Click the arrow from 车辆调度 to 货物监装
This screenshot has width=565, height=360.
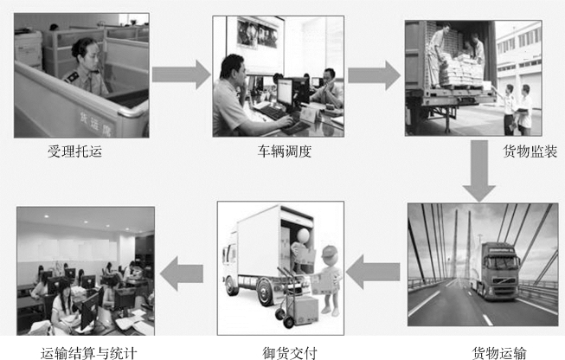click(x=374, y=76)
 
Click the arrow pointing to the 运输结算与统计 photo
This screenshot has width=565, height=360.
click(x=184, y=273)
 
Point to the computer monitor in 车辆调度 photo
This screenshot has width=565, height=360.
click(x=285, y=91)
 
